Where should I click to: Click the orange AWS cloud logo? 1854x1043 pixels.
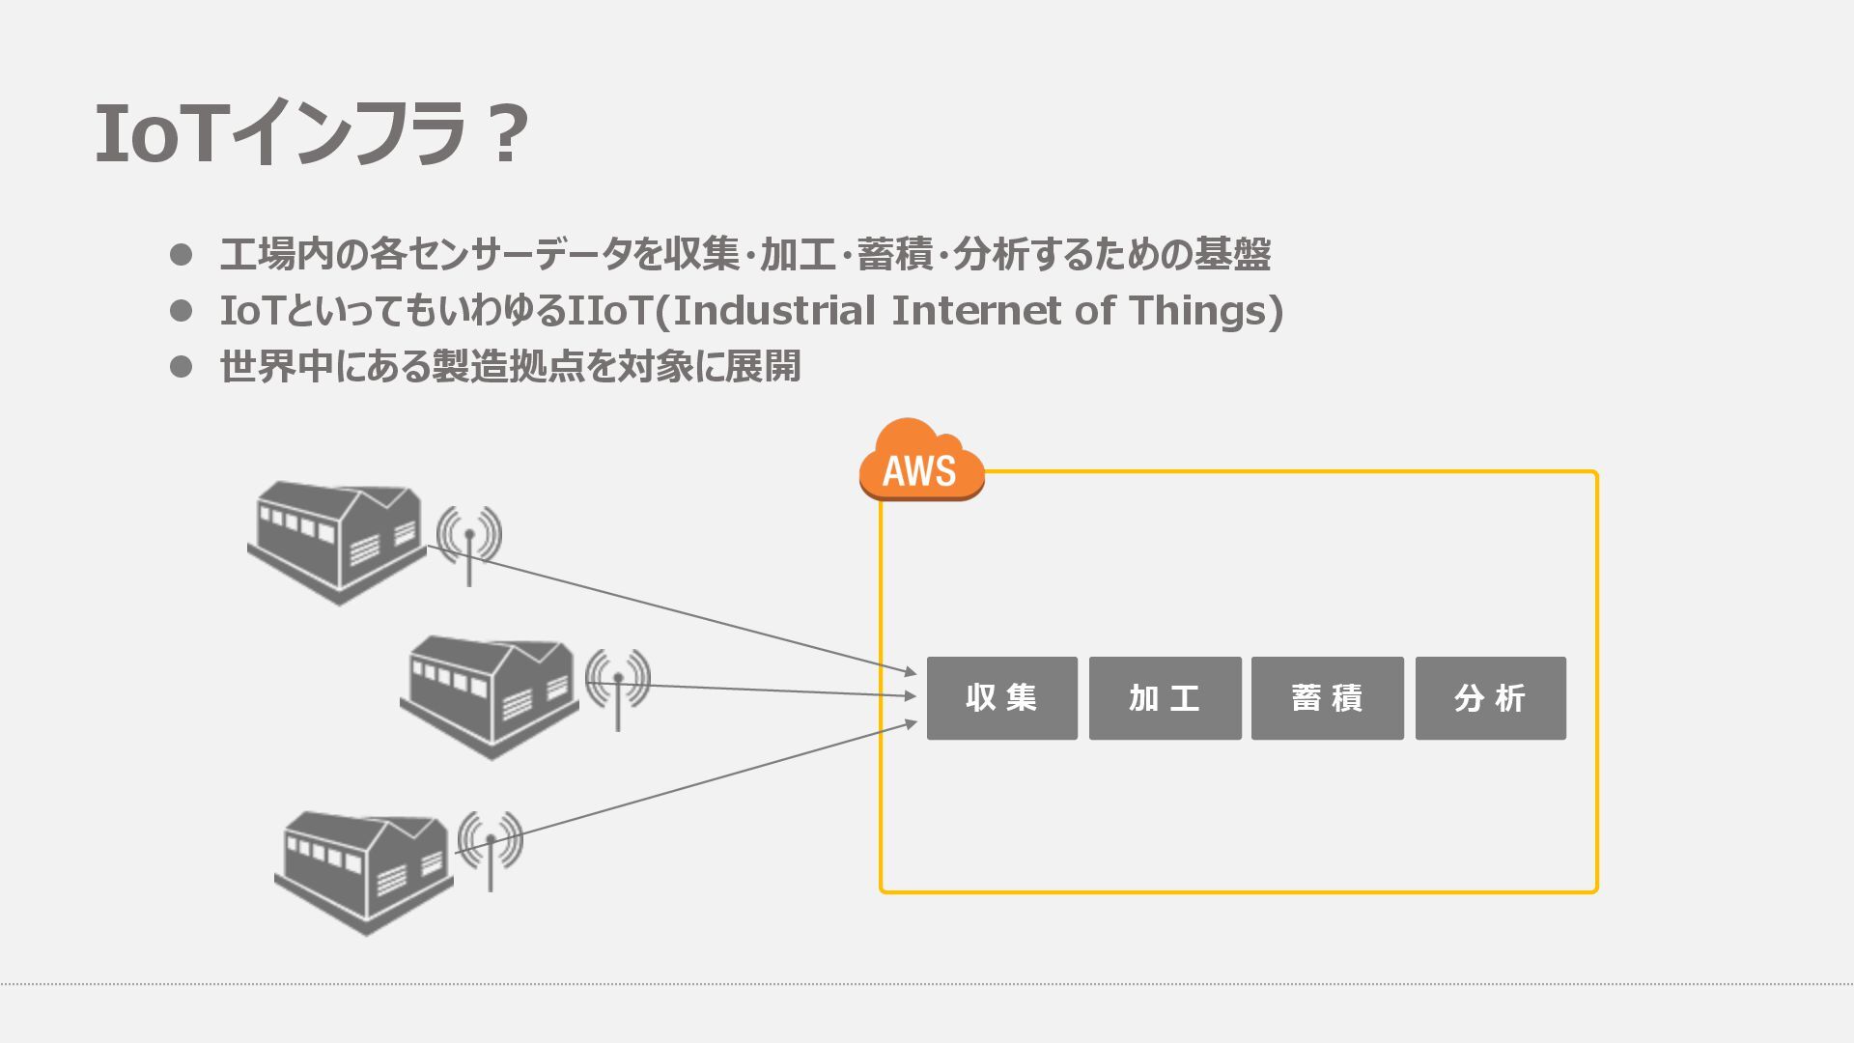point(921,461)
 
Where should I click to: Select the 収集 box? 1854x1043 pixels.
point(1001,698)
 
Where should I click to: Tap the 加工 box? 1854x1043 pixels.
point(1165,698)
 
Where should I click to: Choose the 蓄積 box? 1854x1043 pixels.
point(1327,698)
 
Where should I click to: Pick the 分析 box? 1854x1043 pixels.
point(1490,698)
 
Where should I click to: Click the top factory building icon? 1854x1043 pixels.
point(337,541)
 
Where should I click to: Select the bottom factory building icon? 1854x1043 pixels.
point(364,871)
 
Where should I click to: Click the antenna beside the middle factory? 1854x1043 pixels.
point(618,685)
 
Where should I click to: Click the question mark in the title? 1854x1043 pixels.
point(507,134)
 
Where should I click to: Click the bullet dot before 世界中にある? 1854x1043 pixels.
point(181,367)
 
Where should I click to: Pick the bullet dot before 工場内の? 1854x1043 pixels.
point(181,255)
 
